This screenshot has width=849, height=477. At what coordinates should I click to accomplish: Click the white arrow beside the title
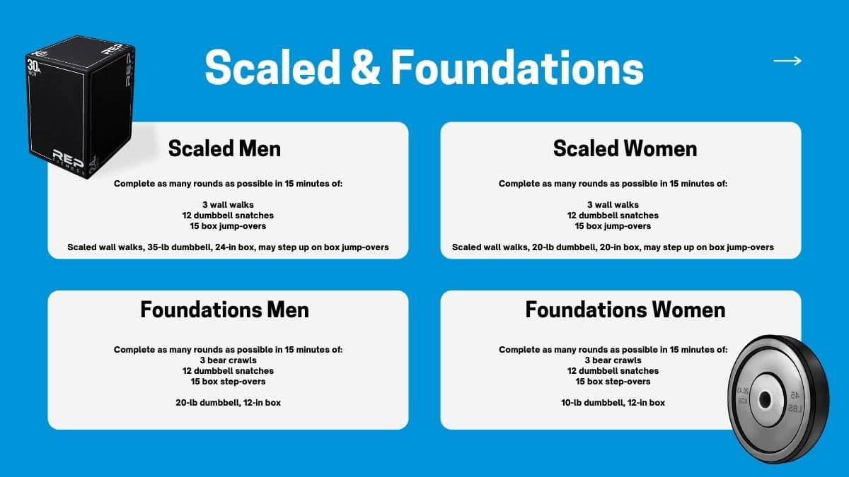(787, 61)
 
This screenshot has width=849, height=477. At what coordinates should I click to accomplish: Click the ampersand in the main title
(366, 67)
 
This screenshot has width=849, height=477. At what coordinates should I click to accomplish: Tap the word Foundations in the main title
(517, 67)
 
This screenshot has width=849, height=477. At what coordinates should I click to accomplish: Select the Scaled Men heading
(224, 148)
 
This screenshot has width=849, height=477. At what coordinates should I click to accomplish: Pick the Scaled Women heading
(625, 148)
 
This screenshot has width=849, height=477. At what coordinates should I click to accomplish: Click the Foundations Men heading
(224, 310)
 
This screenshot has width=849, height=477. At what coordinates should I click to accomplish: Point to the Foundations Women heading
(625, 310)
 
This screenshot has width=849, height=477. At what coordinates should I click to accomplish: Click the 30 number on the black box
(33, 66)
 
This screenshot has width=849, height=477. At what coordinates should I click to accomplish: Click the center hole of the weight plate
(765, 400)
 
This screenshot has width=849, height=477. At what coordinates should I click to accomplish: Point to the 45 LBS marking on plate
(795, 401)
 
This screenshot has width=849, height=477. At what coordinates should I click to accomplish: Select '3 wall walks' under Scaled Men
(228, 205)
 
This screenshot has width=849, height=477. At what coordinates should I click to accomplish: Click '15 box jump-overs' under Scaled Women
(613, 226)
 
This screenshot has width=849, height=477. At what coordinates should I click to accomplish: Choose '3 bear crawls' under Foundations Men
(228, 360)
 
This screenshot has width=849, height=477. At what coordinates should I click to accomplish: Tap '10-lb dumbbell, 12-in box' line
(613, 402)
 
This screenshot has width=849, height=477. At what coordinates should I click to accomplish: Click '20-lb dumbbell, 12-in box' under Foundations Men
(228, 402)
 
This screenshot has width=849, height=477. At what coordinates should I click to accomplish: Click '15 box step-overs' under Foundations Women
(613, 381)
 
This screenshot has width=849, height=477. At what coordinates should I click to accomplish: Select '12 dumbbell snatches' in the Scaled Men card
(228, 216)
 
